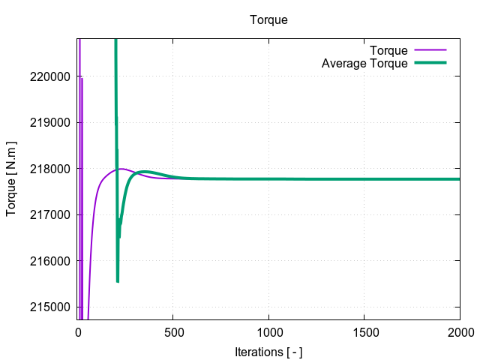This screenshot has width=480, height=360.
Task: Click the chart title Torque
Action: pyautogui.click(x=268, y=20)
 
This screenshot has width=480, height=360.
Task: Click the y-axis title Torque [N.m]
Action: pyautogui.click(x=11, y=178)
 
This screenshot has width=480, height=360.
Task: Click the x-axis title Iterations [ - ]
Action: pyautogui.click(x=268, y=352)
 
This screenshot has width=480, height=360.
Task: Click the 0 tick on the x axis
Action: pyautogui.click(x=78, y=331)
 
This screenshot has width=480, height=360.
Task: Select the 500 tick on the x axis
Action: pyautogui.click(x=173, y=331)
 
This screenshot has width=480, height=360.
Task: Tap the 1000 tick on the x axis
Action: pyautogui.click(x=268, y=331)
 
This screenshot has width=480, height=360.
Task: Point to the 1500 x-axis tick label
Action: pyautogui.click(x=364, y=331)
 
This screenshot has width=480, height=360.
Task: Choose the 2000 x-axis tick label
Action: pyautogui.click(x=460, y=331)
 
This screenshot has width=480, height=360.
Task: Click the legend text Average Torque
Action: pyautogui.click(x=364, y=64)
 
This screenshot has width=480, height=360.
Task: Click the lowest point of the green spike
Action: pyautogui.click(x=118, y=281)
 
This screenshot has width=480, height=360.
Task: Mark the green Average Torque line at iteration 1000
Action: pyautogui.click(x=268, y=179)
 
